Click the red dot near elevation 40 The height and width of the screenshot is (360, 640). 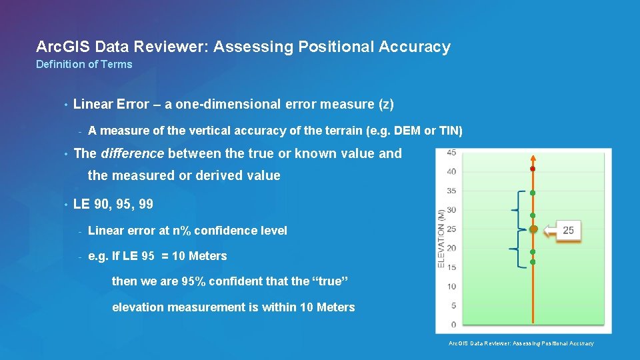[533, 169]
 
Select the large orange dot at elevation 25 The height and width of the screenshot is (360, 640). [533, 229]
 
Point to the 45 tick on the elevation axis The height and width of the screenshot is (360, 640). [451, 153]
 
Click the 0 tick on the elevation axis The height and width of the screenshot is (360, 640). [453, 325]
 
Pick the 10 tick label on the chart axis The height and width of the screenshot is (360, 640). [451, 287]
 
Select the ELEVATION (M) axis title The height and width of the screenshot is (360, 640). [441, 239]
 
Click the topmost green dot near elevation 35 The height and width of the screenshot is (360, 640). [533, 193]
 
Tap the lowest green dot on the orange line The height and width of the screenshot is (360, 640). [533, 262]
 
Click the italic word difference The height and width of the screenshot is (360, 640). [132, 153]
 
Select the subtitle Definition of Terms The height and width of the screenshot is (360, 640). [84, 64]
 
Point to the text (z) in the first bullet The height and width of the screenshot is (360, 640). [386, 104]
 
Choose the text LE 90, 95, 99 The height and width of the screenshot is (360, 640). [113, 204]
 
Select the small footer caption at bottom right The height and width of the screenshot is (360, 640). [521, 343]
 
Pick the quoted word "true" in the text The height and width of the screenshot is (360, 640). [330, 281]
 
